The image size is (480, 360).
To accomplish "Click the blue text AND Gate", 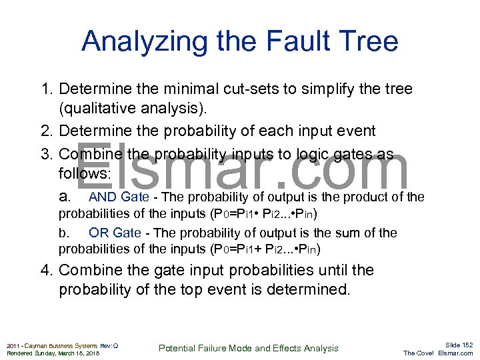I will coord(119,197).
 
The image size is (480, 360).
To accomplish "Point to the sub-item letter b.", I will coord(63,233).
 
